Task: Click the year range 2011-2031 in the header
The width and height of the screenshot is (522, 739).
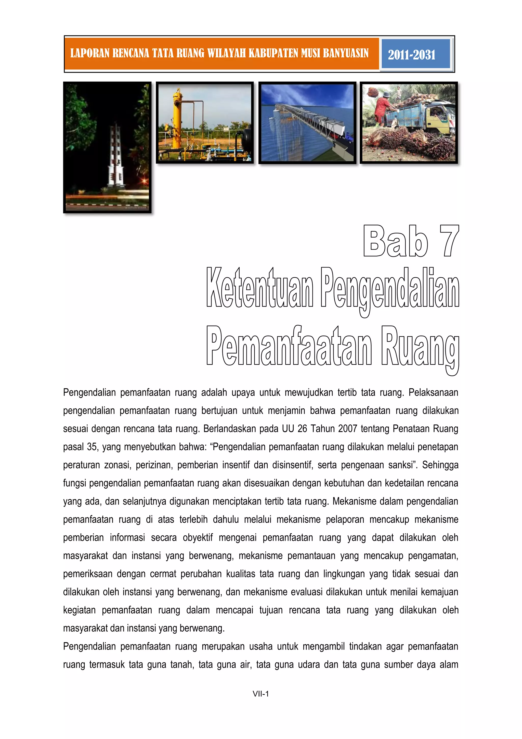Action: pyautogui.click(x=411, y=55)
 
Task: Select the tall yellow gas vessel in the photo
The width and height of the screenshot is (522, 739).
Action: pyautogui.click(x=177, y=119)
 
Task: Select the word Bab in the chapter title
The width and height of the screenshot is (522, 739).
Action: pyautogui.click(x=395, y=241)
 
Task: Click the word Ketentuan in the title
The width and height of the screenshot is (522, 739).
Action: pyautogui.click(x=260, y=287)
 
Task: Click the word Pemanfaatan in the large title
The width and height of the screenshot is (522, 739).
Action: pyautogui.click(x=289, y=346)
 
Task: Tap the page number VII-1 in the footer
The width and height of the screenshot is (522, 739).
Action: pyautogui.click(x=261, y=694)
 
